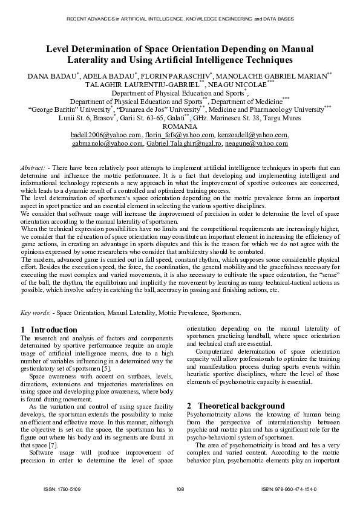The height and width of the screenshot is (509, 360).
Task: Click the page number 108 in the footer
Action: click(x=180, y=488)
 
